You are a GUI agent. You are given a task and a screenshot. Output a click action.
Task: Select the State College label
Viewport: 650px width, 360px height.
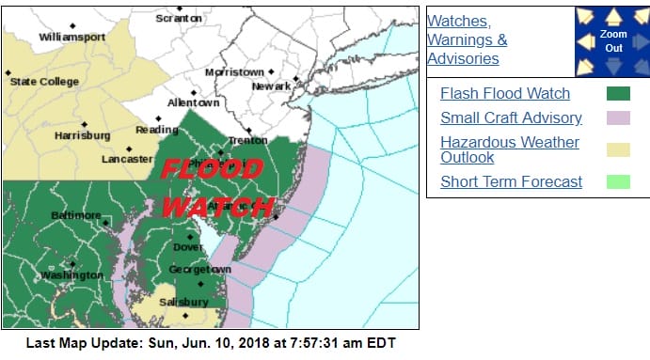tap(46, 82)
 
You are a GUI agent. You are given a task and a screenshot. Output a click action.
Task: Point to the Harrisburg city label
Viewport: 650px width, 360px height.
tap(83, 135)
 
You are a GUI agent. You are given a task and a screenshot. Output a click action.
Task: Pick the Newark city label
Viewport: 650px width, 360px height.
tap(271, 87)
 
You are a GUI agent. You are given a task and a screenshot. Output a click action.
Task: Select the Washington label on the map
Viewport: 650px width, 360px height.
tap(71, 275)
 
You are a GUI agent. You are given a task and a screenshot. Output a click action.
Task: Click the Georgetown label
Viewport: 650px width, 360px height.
tap(199, 270)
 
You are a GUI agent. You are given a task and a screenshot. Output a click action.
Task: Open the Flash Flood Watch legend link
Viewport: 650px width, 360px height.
tap(505, 93)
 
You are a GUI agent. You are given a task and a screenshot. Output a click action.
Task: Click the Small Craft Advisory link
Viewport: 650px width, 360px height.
tap(511, 118)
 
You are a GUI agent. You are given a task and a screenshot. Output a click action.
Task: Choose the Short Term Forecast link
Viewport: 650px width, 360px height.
tap(512, 181)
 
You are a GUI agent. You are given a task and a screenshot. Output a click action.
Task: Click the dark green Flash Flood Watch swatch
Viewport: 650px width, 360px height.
tap(618, 93)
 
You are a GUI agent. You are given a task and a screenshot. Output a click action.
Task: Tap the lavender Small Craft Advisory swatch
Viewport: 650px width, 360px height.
tap(618, 118)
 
